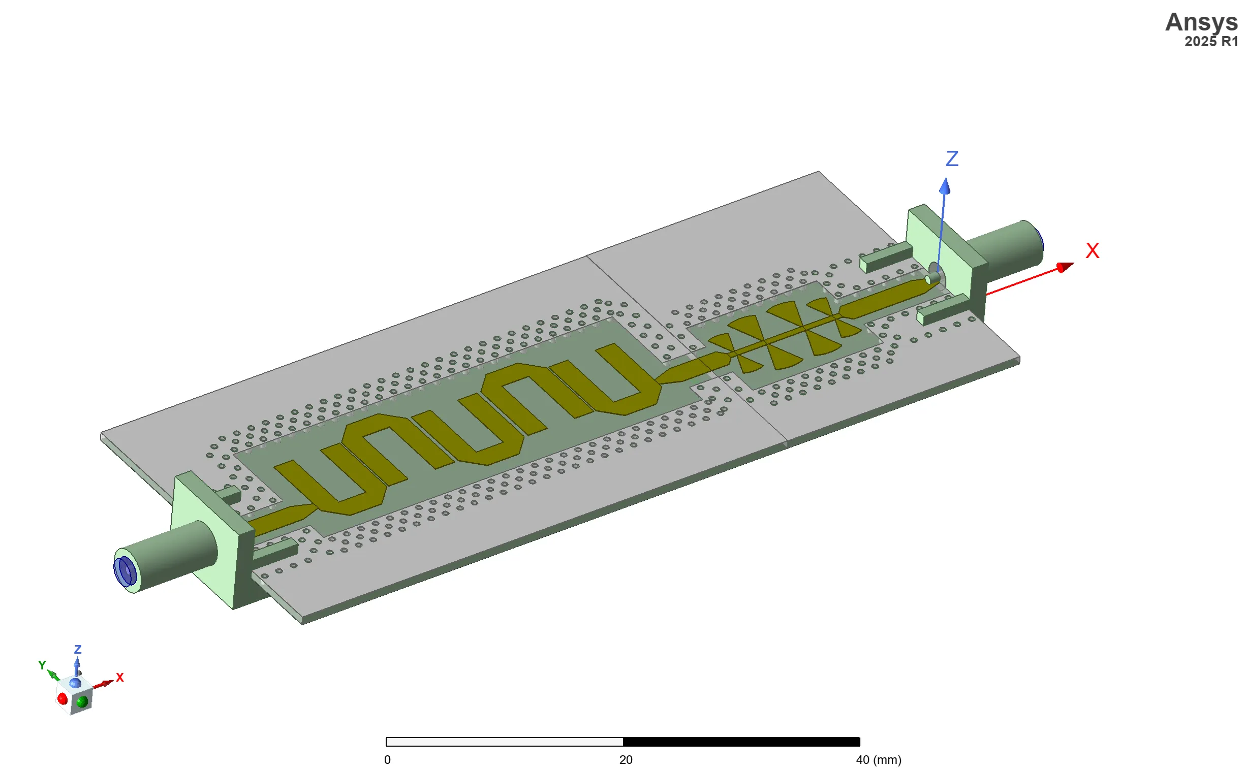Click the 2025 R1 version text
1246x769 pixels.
tap(1211, 42)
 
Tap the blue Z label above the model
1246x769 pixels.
tap(952, 158)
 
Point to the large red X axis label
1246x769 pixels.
tap(1093, 251)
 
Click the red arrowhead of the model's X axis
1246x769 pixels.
tap(1065, 267)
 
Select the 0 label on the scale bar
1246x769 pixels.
tap(387, 760)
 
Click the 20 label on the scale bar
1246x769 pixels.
tap(626, 760)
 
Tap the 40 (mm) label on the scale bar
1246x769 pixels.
tap(878, 760)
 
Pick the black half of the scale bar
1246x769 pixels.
tap(741, 742)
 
